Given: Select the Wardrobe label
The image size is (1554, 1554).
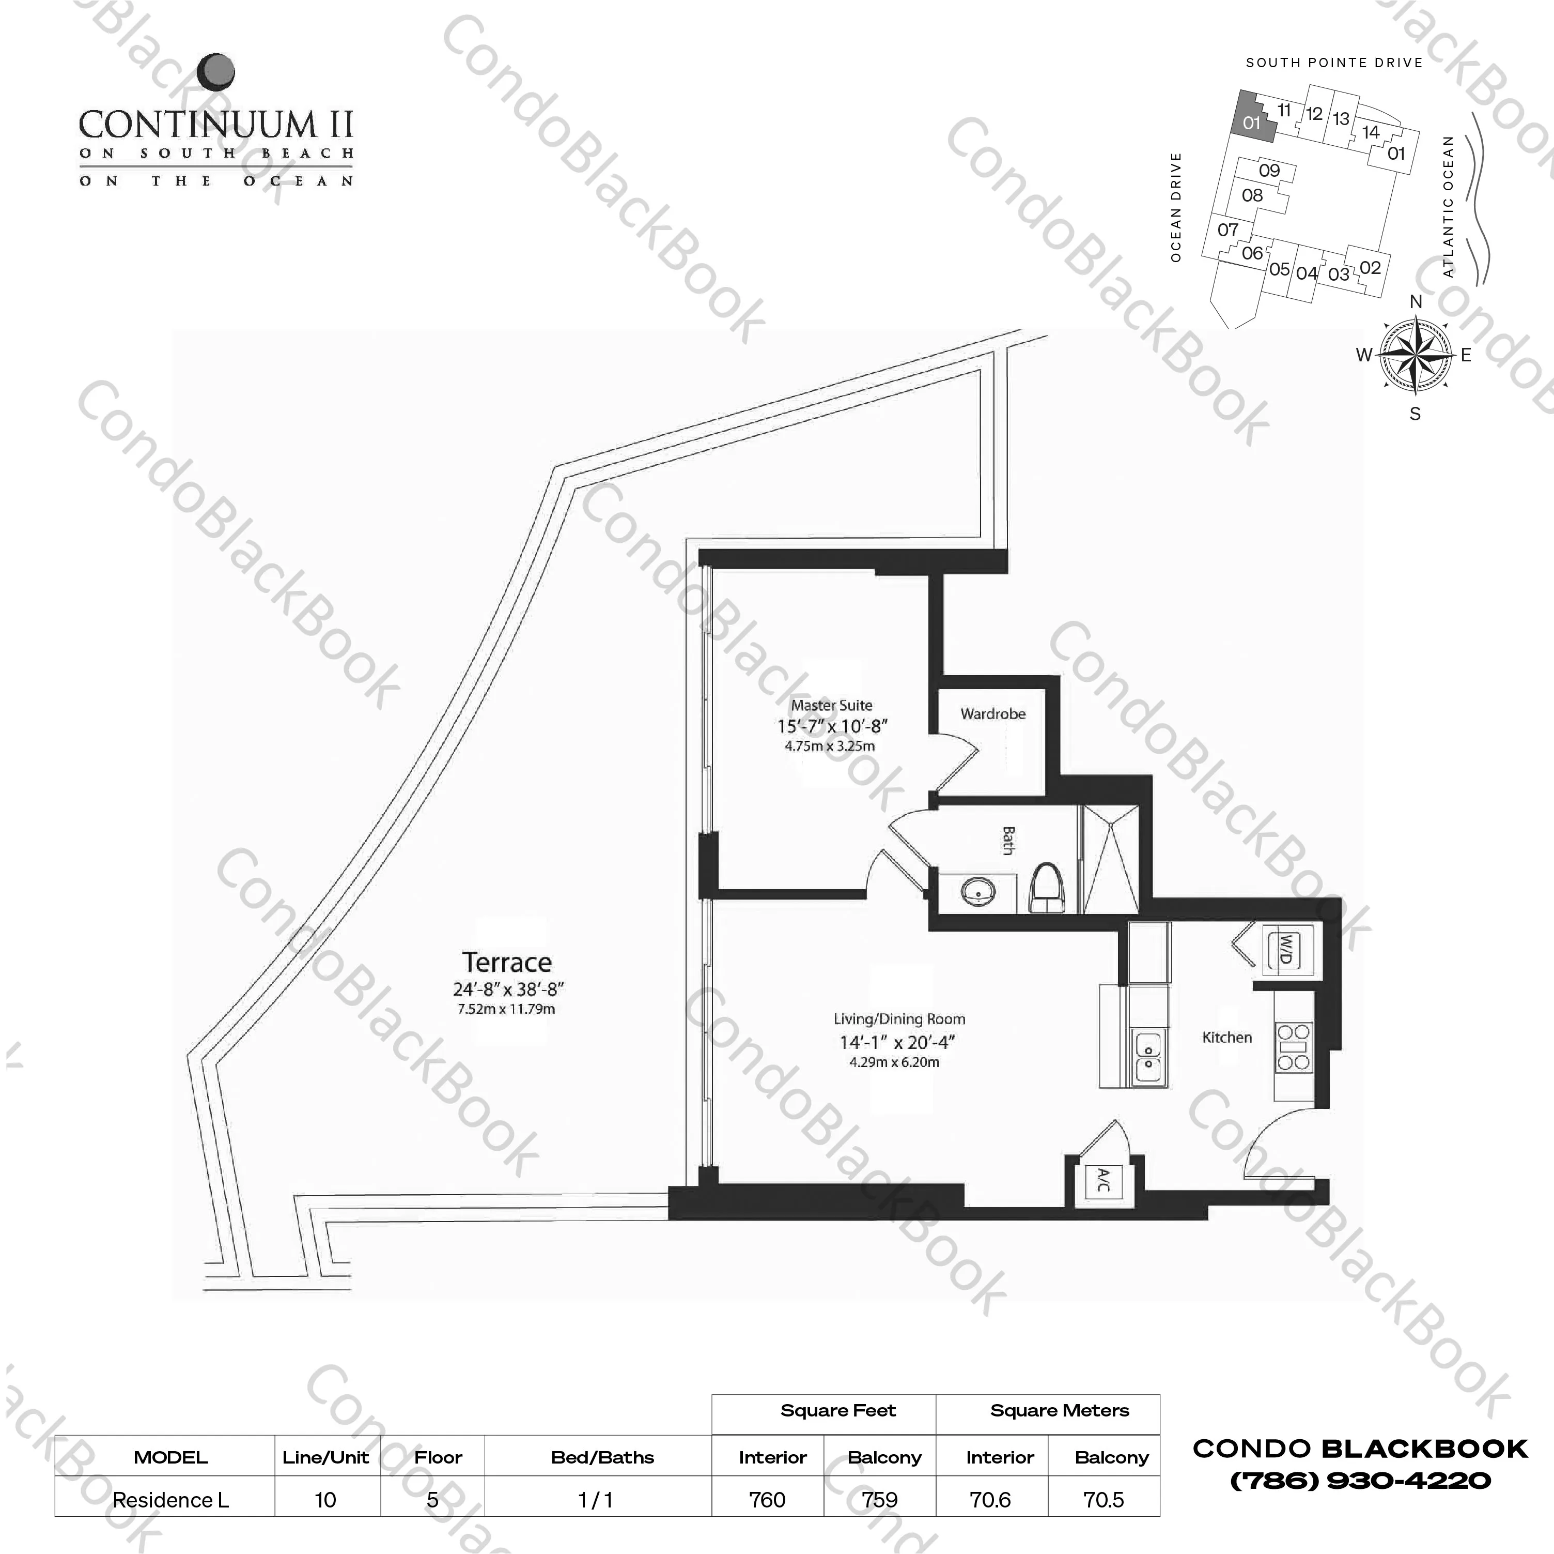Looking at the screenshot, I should tap(992, 714).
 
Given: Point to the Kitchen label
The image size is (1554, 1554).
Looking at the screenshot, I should tap(1226, 1038).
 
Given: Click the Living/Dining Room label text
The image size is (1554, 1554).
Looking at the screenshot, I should tap(898, 1019).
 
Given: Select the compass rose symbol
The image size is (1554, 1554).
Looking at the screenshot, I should tap(1415, 355).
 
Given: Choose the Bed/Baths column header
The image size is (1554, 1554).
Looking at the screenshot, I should tap(602, 1457).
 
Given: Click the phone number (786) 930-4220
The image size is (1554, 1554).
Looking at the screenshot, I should tap(1360, 1481).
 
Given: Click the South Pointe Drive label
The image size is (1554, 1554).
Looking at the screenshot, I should tap(1333, 63).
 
